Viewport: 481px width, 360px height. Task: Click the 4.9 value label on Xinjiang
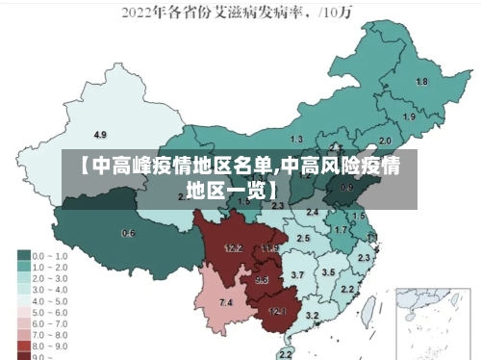pos(100,134)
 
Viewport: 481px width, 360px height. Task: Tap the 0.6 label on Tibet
pos(128,233)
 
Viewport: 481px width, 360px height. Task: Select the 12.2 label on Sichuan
pos(233,248)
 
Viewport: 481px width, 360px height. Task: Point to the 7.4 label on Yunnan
pos(226,303)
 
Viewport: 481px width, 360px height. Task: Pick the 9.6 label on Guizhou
pos(262,280)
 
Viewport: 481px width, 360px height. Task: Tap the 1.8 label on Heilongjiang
pos(421,82)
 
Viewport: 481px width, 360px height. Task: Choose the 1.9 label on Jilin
pos(409,116)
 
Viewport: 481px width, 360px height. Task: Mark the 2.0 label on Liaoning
pos(385,141)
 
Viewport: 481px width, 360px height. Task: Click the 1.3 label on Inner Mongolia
pos(296,139)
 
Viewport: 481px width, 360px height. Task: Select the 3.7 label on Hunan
pos(297,275)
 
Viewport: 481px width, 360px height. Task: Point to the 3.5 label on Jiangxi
pos(328,272)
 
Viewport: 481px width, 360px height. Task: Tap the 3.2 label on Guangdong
pos(312,315)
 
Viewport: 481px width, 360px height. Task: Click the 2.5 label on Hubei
pos(303,237)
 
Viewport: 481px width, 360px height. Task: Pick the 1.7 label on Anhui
pos(340,230)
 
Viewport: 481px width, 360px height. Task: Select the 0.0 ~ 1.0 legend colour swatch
pos(24,256)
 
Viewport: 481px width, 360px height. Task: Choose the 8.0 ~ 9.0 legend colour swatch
pos(24,345)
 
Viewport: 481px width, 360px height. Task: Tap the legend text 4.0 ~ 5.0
pos(50,300)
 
